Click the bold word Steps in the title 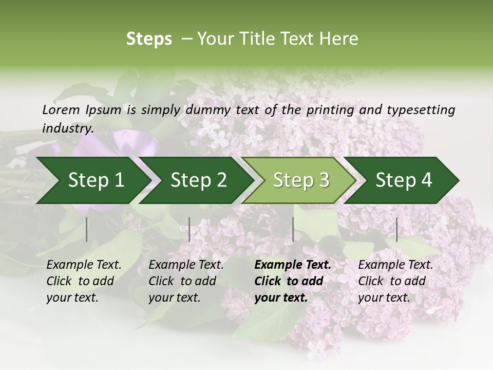[x=149, y=39]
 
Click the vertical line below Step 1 [x=87, y=229]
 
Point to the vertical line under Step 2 [x=189, y=229]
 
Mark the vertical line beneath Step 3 [x=293, y=229]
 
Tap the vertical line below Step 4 [x=397, y=229]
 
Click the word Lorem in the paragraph [x=61, y=110]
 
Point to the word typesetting [x=421, y=110]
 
